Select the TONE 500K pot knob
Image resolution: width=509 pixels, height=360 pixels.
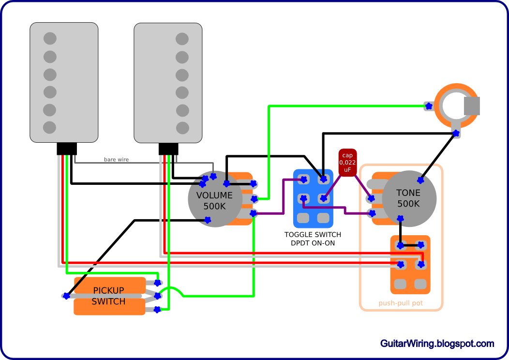click(x=409, y=198)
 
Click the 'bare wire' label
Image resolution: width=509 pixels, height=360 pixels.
click(x=117, y=159)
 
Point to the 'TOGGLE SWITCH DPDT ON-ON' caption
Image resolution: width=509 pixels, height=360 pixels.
click(x=313, y=239)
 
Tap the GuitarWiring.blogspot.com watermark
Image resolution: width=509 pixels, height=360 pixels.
click(x=437, y=344)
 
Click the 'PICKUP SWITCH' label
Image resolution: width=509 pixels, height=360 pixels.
click(x=109, y=296)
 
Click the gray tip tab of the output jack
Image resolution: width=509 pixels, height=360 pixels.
click(x=471, y=106)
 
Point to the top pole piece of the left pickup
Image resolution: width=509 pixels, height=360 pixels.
click(x=50, y=38)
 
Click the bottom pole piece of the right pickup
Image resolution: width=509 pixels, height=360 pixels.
click(x=182, y=128)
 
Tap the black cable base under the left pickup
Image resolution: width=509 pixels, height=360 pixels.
click(x=67, y=149)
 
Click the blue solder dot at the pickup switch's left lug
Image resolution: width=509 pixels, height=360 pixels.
click(x=66, y=296)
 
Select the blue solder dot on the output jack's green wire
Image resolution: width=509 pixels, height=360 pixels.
click(x=428, y=106)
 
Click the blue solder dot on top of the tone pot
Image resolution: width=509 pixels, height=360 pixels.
click(x=420, y=180)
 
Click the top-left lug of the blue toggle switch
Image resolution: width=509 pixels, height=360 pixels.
click(x=303, y=180)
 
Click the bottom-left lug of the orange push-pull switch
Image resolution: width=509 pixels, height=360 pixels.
click(x=401, y=284)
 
